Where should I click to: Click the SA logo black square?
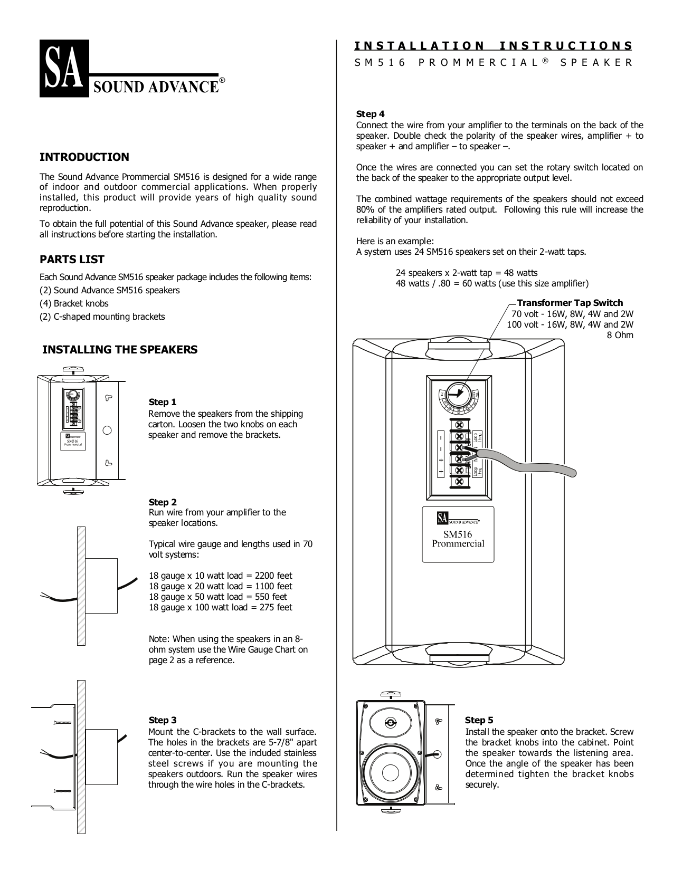(x=61, y=68)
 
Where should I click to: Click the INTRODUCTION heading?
(x=84, y=157)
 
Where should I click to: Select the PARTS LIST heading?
(x=72, y=259)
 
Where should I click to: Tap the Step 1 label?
(x=163, y=402)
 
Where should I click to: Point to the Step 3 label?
(x=163, y=720)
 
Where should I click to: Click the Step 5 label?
(x=479, y=720)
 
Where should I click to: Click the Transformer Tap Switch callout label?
(x=570, y=303)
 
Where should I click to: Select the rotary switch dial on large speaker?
(x=458, y=394)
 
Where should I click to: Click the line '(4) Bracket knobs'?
(x=74, y=303)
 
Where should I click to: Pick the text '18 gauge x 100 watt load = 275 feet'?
(x=220, y=607)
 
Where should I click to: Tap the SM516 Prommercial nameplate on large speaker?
(x=458, y=534)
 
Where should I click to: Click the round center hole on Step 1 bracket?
(x=107, y=430)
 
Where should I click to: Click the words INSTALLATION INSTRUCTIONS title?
(x=493, y=46)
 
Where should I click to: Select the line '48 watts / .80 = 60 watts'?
(x=492, y=283)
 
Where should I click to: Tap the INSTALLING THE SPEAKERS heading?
(x=119, y=349)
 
